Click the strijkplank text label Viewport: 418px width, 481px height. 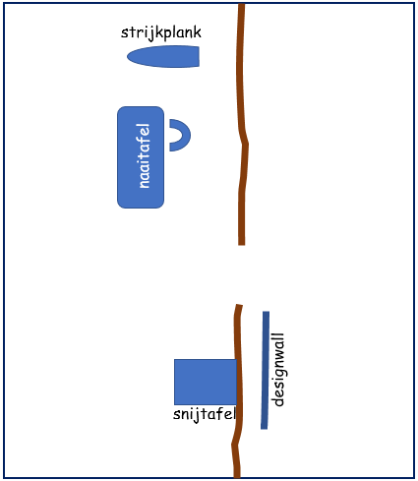pos(161,33)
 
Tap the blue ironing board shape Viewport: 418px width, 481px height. pos(163,57)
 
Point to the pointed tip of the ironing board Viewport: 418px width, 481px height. pos(128,57)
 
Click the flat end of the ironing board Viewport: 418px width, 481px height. pos(199,57)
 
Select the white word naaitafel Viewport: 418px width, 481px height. pos(144,155)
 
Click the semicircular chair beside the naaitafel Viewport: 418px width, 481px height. pos(186,135)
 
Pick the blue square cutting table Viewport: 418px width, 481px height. pos(206,382)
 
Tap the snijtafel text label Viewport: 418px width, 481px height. pos(205,414)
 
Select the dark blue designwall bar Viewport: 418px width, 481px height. pos(265,370)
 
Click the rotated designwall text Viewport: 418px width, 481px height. pos(278,370)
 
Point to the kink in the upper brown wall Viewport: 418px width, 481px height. pos(245,144)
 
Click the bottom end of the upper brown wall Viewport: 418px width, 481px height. pos(242,244)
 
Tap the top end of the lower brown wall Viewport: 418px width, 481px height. pos(239,305)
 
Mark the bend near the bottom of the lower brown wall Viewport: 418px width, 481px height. pos(234,445)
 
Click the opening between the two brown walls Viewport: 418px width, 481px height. pos(241,274)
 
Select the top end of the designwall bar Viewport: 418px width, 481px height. pos(267,312)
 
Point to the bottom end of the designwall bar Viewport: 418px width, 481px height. pos(264,429)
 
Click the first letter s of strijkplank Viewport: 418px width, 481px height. pos(124,33)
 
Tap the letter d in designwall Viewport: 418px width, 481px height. pos(278,401)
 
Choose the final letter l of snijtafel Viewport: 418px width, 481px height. pos(234,414)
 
